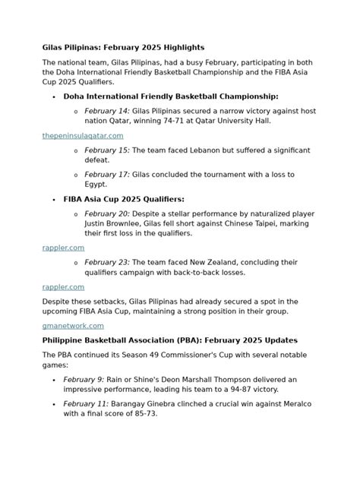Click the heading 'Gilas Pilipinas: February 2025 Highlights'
123,47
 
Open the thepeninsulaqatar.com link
83,135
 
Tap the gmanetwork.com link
73,325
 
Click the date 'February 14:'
107,111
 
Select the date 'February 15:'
107,151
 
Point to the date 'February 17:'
107,175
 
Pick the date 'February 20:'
107,215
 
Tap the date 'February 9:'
83,378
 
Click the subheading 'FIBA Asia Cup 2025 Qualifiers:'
124,200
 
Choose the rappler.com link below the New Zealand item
63,287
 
